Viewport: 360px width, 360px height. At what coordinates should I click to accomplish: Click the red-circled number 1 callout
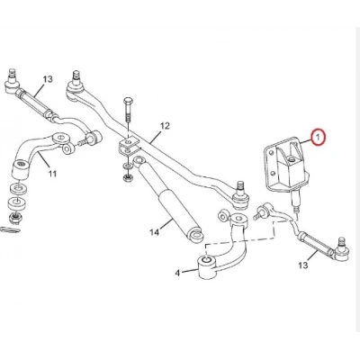[318, 138]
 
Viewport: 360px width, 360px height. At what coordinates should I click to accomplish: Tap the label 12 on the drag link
[165, 126]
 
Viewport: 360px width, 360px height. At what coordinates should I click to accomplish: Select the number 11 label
[52, 174]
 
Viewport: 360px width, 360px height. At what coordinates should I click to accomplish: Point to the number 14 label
[154, 232]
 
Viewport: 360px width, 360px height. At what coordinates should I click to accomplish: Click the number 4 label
[177, 273]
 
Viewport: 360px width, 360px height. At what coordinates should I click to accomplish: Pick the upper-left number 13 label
[47, 79]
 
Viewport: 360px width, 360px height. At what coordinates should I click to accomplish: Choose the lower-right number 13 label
[303, 265]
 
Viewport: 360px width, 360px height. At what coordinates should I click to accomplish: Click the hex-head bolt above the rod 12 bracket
[128, 110]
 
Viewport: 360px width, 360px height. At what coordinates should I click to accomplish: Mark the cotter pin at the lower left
[10, 229]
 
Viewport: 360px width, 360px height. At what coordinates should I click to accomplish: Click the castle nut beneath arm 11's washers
[14, 218]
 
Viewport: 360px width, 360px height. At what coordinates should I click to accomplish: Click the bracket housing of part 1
[284, 166]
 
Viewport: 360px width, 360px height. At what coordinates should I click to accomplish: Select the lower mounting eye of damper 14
[196, 234]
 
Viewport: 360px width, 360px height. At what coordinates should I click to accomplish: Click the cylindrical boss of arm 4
[206, 265]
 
